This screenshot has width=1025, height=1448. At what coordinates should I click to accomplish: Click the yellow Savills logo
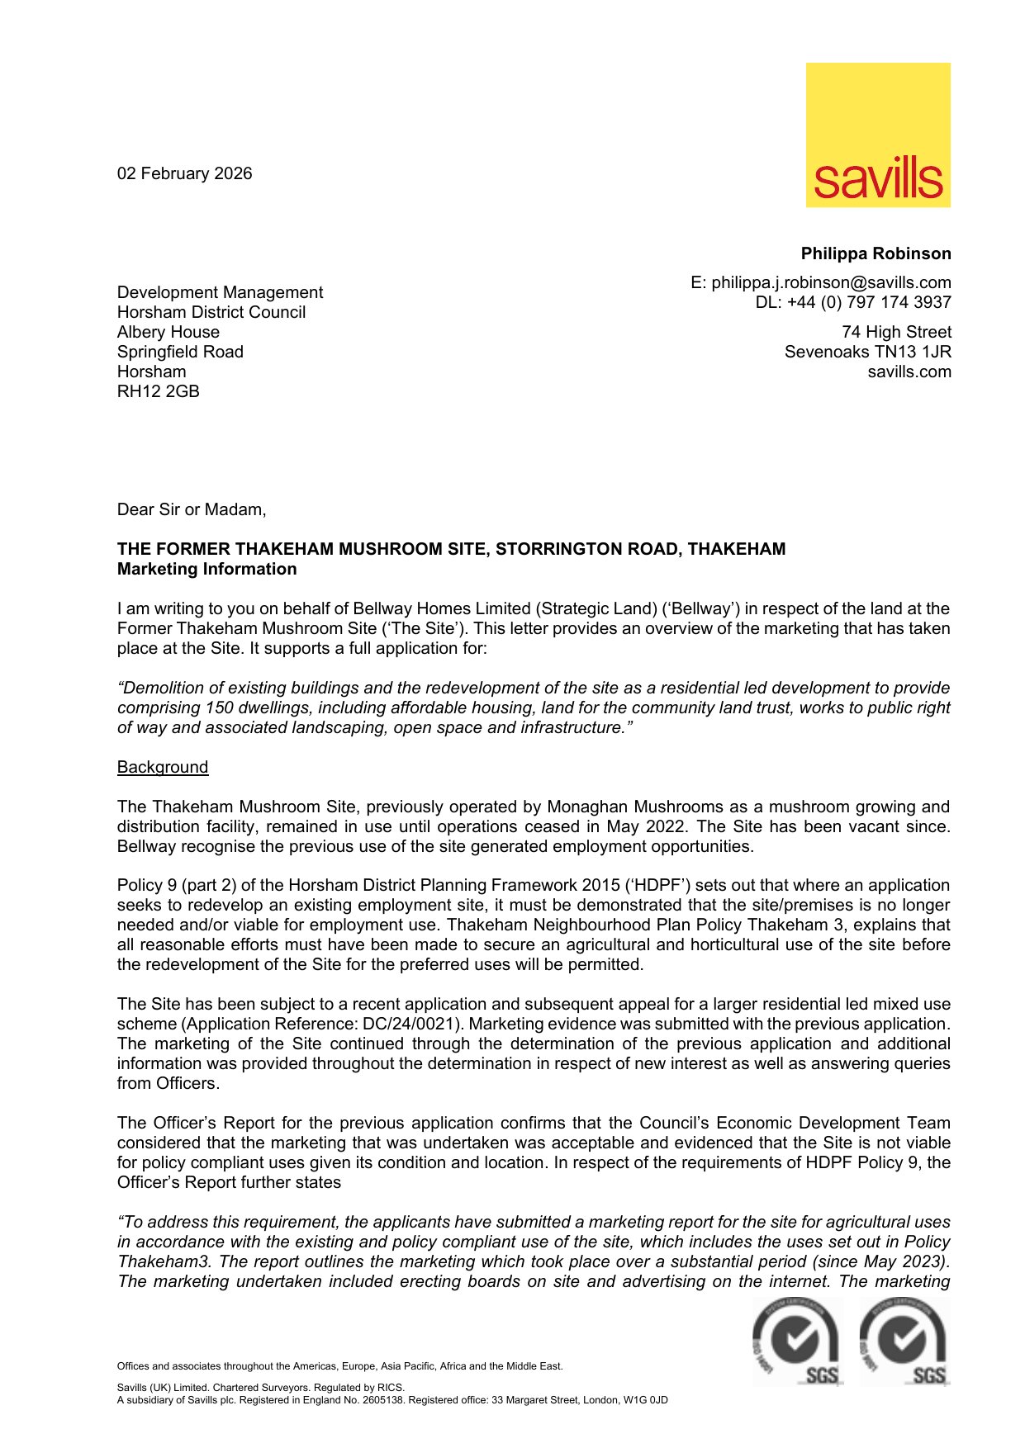(x=878, y=135)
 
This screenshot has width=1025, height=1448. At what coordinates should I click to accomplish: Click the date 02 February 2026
(x=184, y=173)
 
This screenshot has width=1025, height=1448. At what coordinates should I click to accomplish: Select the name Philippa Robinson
(x=876, y=253)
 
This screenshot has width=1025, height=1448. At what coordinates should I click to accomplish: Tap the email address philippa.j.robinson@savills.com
(x=831, y=282)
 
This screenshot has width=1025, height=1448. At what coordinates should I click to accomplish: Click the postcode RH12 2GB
(x=159, y=391)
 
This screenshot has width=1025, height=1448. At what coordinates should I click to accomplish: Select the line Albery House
(x=168, y=332)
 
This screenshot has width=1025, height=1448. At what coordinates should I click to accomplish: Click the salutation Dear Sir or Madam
(x=192, y=509)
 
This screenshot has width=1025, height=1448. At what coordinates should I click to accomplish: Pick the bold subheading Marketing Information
(x=207, y=569)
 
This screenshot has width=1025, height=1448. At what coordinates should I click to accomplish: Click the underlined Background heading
(x=163, y=767)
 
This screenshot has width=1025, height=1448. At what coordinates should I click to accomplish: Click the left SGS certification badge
(x=796, y=1342)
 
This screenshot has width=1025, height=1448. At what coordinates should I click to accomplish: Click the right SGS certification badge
(x=904, y=1342)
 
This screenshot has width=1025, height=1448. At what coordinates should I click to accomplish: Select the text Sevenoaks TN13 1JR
(x=867, y=352)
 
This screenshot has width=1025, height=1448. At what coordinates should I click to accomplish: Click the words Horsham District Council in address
(x=211, y=312)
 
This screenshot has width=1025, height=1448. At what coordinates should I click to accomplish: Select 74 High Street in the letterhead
(x=896, y=332)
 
